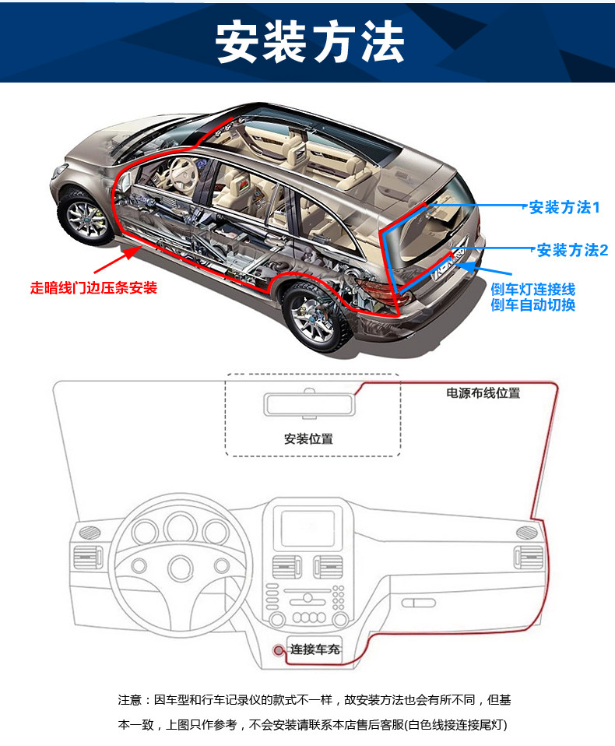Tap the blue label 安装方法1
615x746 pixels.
pos(564,208)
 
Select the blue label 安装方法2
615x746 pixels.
pos(572,250)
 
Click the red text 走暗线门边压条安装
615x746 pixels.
pos(93,288)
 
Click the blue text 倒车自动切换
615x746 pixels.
pos(533,304)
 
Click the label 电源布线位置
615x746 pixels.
pos(483,393)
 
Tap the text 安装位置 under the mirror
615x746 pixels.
pos(308,438)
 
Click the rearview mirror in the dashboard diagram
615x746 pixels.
pos(308,404)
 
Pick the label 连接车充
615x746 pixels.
pos(315,649)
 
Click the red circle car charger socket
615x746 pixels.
pos(278,649)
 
